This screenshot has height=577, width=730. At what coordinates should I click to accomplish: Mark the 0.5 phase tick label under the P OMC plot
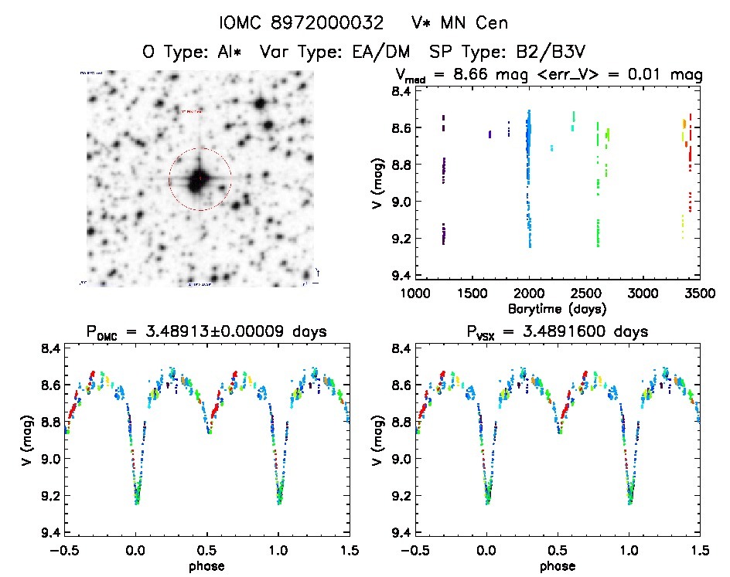click(x=206, y=551)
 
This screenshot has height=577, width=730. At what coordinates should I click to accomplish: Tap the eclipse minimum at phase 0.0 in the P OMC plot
click(x=137, y=501)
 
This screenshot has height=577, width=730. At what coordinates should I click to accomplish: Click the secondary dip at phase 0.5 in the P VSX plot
click(x=559, y=433)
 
